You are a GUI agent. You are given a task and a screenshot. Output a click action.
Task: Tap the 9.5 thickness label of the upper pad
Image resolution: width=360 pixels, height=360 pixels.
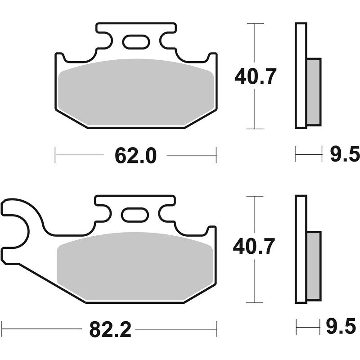tap(344, 155)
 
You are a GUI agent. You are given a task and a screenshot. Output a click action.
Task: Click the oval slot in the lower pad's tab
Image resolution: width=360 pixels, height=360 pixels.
tap(135, 215)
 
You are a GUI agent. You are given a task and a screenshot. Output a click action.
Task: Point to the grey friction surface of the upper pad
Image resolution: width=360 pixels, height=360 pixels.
tap(135, 92)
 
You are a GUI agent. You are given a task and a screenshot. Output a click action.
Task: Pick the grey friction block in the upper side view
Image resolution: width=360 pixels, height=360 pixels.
tap(314, 91)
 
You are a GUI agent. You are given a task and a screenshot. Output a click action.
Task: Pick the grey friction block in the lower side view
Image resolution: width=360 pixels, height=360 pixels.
tap(314, 265)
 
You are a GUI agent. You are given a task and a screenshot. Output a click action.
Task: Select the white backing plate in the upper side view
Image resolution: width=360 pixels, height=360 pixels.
tap(301, 75)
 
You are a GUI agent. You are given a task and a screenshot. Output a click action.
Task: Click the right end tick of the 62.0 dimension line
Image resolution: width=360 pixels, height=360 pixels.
tap(216, 155)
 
